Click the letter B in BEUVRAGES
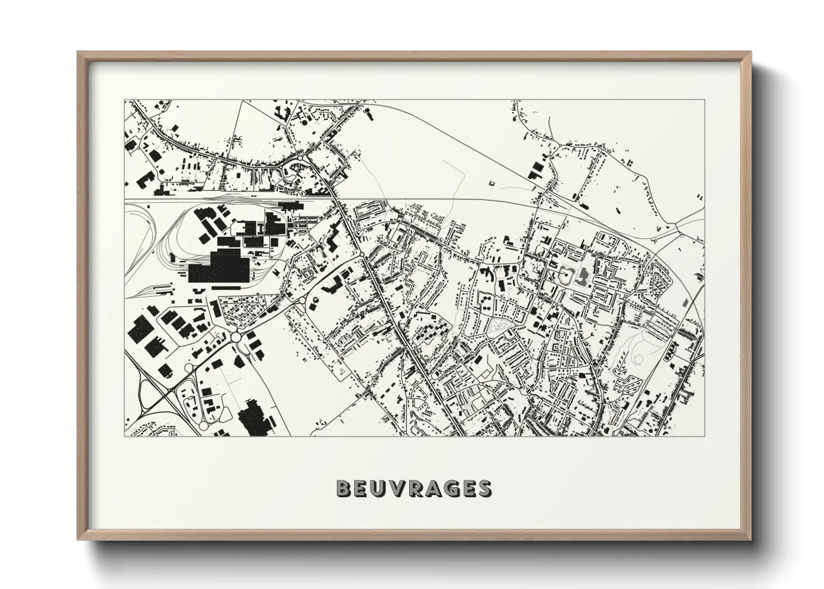[x=344, y=489]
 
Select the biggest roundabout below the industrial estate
[x=236, y=337]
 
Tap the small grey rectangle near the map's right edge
[x=685, y=303]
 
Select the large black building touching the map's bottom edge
[x=254, y=421]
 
